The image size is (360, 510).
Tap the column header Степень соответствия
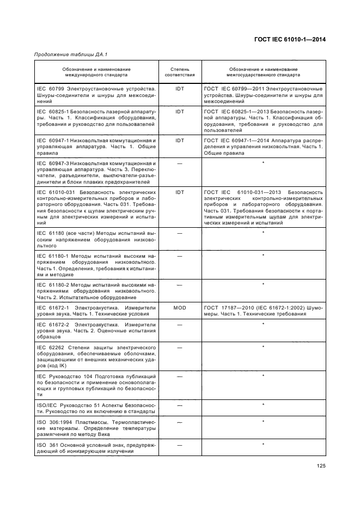[180, 72]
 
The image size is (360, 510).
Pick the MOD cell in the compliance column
[180, 308]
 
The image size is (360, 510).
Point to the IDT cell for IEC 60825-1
[180, 112]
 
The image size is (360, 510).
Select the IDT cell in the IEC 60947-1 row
[180, 141]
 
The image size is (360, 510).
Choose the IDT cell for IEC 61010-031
[180, 192]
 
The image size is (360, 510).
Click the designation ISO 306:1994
[53, 422]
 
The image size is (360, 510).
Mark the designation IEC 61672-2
[52, 324]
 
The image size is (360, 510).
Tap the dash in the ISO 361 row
[180, 445]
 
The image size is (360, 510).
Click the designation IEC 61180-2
[52, 284]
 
